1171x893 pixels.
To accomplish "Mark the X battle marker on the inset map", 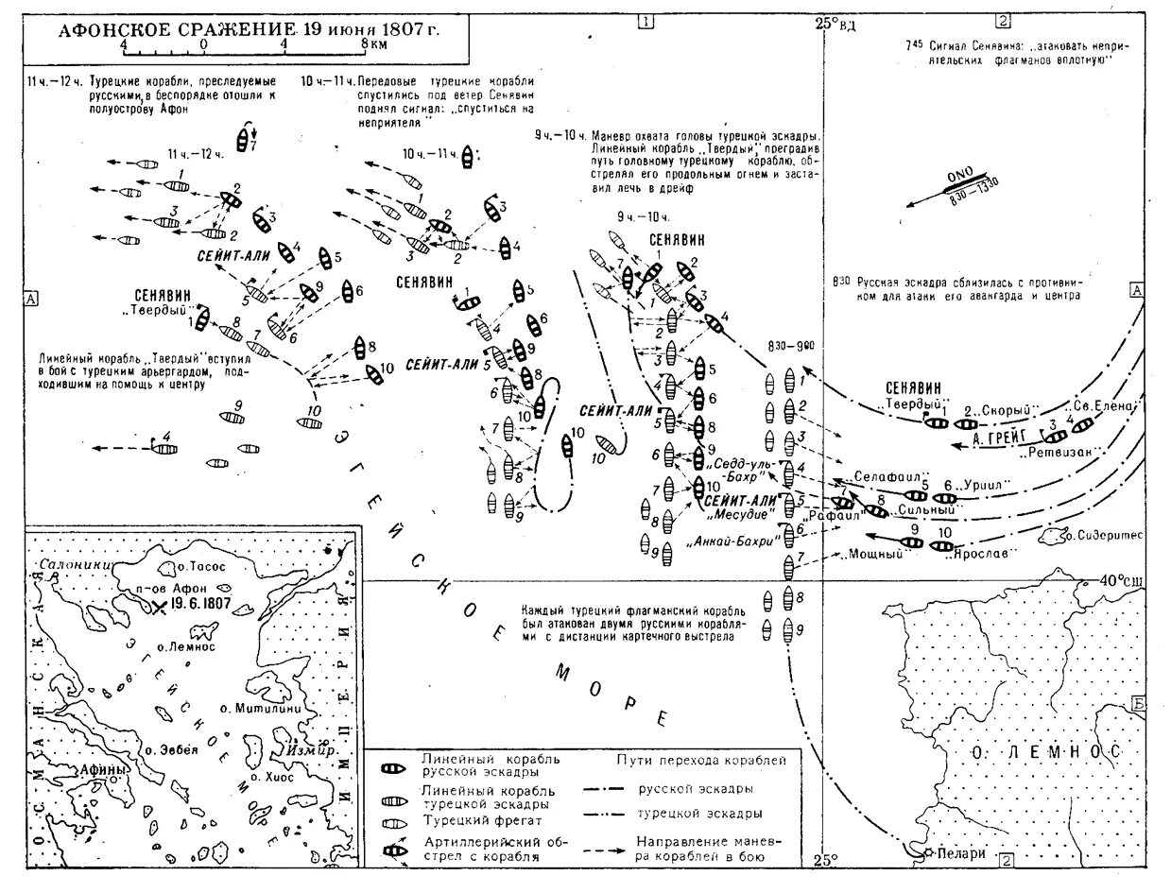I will [159, 608].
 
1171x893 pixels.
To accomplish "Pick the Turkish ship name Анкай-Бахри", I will [739, 541].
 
